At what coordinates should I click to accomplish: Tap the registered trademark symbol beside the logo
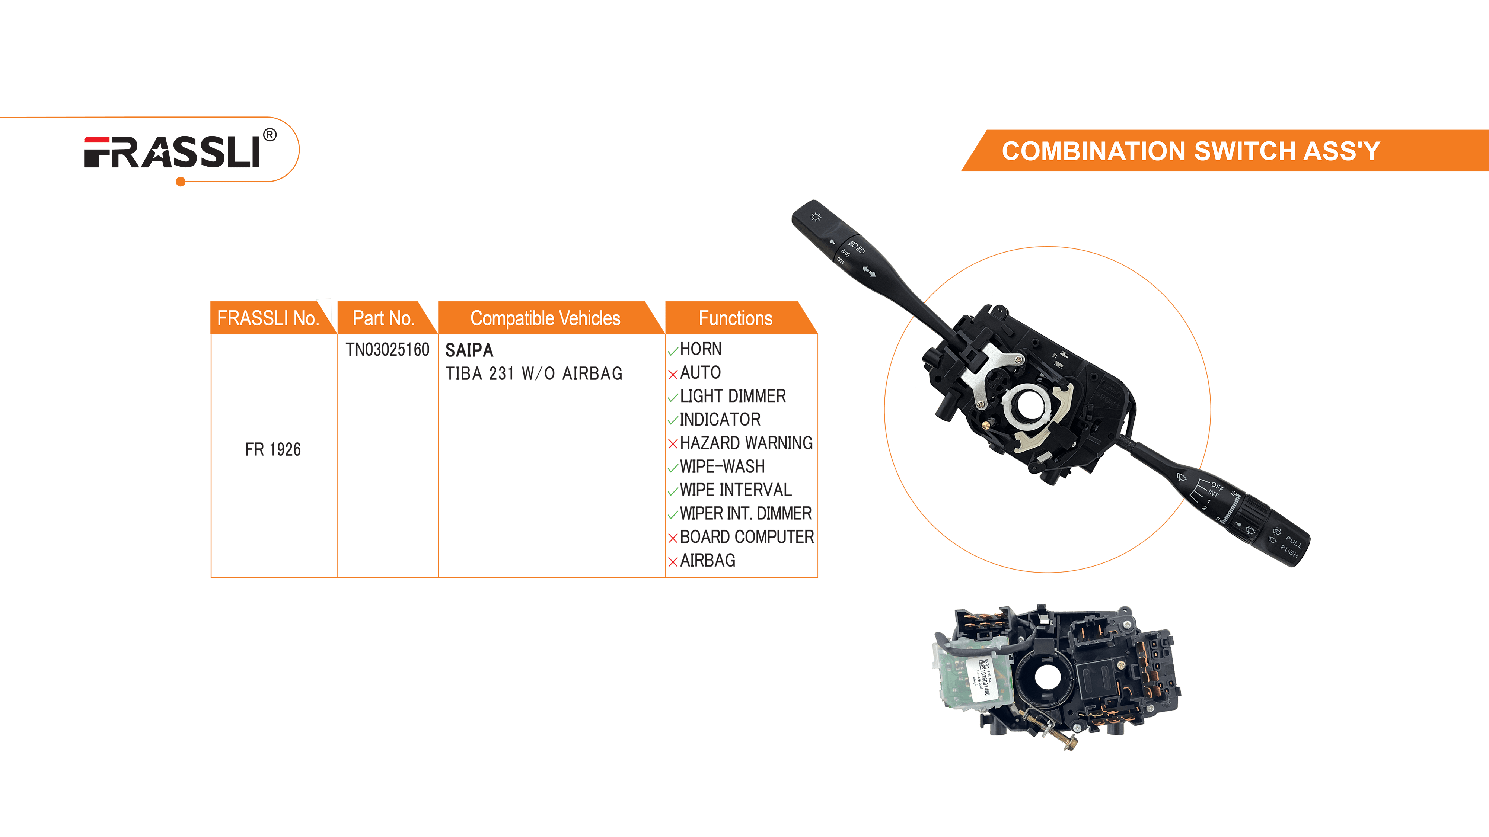[270, 135]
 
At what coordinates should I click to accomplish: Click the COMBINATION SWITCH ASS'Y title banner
[1191, 151]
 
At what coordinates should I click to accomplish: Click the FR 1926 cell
[273, 449]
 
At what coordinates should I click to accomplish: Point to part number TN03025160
[387, 349]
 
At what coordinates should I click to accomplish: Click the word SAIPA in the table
[469, 350]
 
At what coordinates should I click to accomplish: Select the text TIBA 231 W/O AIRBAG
[533, 374]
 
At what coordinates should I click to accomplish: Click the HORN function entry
[701, 349]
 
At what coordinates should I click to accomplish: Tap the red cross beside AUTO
[672, 374]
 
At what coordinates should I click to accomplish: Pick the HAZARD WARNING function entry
[746, 443]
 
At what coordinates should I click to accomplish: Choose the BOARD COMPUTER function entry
[746, 537]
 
